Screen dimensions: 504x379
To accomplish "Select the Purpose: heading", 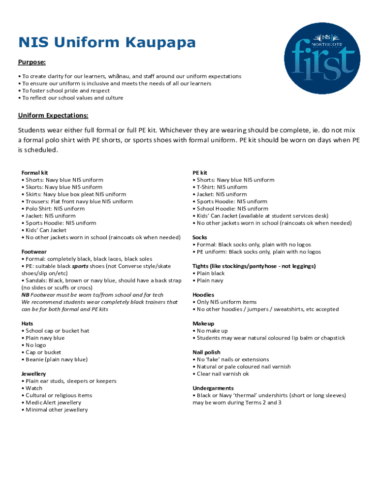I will point(32,63).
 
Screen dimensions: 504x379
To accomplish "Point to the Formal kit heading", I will point(34,173).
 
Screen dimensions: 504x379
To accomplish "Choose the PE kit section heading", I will point(200,173).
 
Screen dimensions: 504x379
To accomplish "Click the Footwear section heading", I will point(34,252).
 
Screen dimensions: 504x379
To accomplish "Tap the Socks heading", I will point(200,237).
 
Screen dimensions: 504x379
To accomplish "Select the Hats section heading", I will point(27,323).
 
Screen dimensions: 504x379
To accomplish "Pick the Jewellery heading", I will point(34,374).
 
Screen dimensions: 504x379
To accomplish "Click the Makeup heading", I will point(203,323).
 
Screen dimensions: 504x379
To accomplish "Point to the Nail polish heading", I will point(206,352).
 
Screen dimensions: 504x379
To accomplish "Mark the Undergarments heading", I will point(213,388).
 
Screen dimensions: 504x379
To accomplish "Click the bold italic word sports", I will point(80,266).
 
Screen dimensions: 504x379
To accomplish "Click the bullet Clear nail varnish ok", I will point(222,374).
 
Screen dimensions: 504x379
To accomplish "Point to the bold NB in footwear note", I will point(26,294).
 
